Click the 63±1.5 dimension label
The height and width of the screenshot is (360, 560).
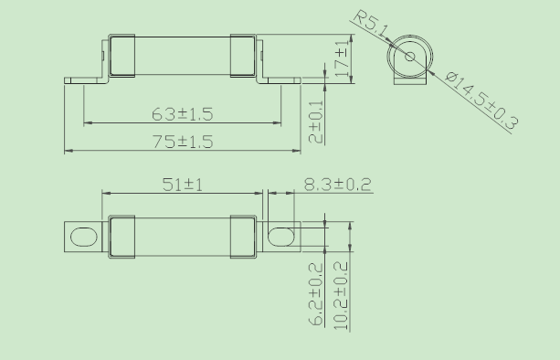coord(183,114)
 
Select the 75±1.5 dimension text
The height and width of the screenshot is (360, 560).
coord(183,142)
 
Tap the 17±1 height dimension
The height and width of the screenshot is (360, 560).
coord(342,58)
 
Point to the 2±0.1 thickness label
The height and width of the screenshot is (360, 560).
coord(315,122)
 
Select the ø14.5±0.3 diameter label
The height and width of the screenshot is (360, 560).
coord(482,101)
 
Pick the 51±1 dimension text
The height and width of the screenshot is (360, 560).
coord(183,185)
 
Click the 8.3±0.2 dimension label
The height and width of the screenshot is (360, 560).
coord(337,185)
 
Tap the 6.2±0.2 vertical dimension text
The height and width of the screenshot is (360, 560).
coord(316,294)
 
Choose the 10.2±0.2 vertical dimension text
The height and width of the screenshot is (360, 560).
coord(341,296)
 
